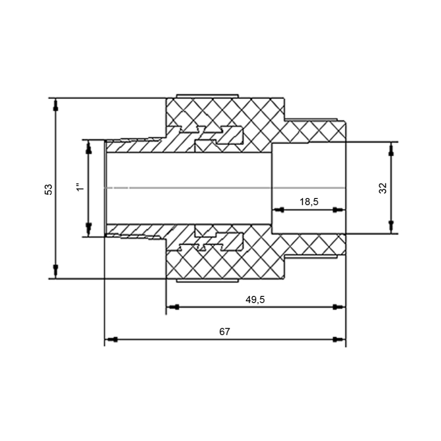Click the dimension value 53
click(49, 190)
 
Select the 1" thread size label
click(80, 187)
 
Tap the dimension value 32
click(383, 188)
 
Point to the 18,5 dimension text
click(309, 202)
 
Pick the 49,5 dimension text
click(255, 299)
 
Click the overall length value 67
click(224, 332)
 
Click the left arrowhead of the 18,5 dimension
click(278, 210)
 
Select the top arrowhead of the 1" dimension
click(88, 147)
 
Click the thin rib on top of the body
click(207, 96)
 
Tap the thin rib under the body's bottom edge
click(207, 280)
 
